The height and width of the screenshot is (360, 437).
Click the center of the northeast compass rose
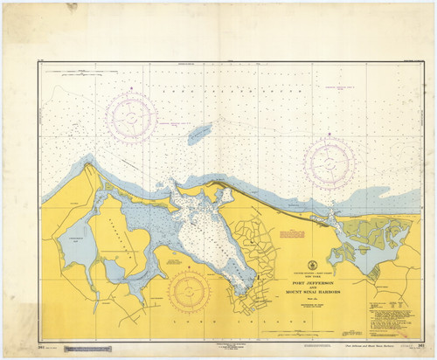point(329,161)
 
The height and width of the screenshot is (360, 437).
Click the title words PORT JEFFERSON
point(314,273)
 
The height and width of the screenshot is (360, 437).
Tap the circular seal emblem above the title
point(314,263)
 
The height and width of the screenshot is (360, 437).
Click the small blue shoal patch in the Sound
point(199,133)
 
